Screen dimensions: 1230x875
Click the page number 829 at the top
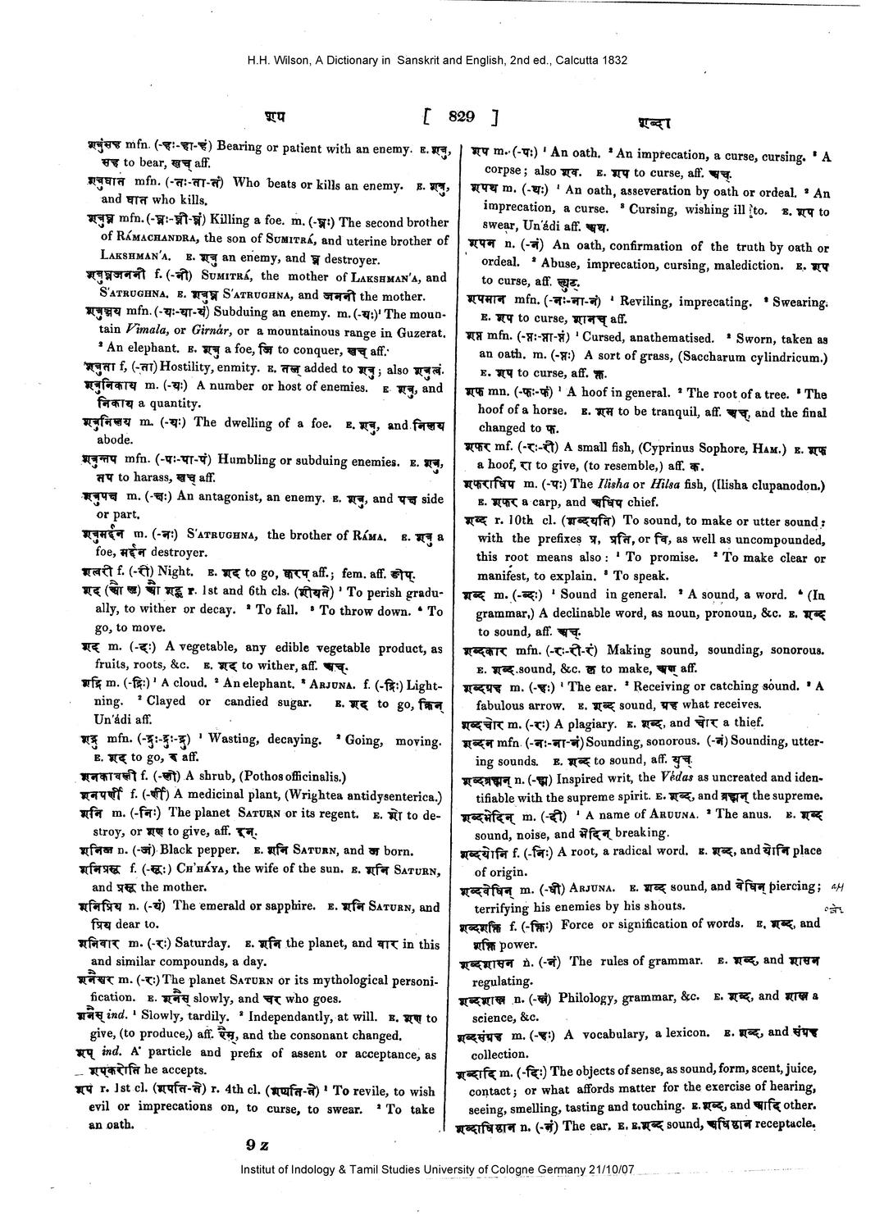click(461, 117)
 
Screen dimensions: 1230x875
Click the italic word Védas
click(677, 777)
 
